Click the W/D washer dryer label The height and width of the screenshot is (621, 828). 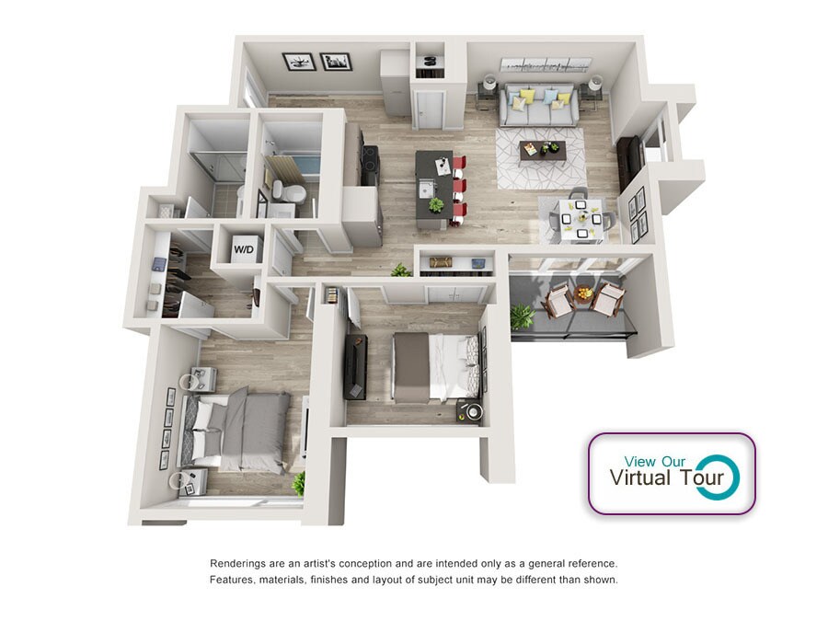[x=244, y=249]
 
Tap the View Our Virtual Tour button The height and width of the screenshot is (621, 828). [x=672, y=474]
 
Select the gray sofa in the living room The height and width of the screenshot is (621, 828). [x=537, y=105]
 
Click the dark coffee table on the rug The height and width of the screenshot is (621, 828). [x=542, y=151]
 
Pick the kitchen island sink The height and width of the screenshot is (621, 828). [x=426, y=188]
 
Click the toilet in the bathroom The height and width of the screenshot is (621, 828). [x=288, y=191]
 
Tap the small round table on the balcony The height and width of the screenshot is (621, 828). [x=582, y=293]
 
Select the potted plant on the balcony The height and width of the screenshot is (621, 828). [x=522, y=316]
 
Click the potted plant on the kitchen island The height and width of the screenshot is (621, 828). [x=436, y=204]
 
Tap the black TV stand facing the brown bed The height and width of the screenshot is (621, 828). [x=355, y=366]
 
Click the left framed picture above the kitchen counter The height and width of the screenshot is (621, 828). [x=299, y=62]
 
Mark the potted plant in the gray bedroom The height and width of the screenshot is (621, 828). [x=299, y=483]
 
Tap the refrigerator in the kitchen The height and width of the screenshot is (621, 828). [x=362, y=216]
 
